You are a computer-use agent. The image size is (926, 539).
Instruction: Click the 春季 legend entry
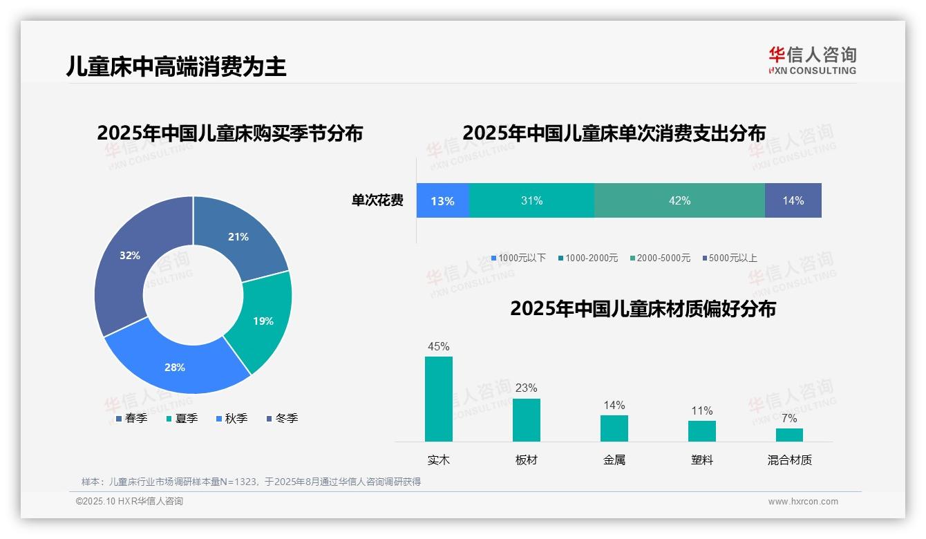[x=132, y=418]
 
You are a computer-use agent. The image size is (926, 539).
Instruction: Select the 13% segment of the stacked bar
[x=443, y=201]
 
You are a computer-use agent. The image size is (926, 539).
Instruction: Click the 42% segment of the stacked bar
[x=679, y=201]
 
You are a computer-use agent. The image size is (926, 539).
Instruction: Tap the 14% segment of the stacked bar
[x=793, y=201]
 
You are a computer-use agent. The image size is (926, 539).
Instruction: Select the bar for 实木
[x=439, y=399]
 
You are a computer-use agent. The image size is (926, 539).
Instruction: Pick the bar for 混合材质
[x=789, y=435]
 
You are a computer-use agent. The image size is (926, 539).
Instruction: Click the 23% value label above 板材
[x=526, y=388]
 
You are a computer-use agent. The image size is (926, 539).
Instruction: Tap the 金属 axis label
[x=614, y=460]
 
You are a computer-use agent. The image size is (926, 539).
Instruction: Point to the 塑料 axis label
[x=701, y=460]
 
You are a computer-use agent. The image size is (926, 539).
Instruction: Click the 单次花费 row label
[x=377, y=201]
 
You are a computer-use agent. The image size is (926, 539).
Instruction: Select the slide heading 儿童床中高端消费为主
[x=176, y=66]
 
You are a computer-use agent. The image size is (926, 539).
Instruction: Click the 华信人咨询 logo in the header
[x=812, y=60]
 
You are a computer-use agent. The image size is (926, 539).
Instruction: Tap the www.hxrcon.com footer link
[x=803, y=502]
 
